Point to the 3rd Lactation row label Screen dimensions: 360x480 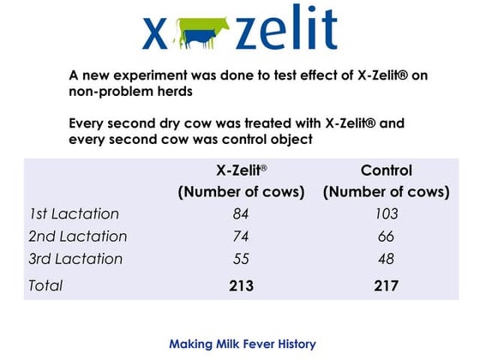coord(75,259)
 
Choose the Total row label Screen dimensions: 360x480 coord(45,286)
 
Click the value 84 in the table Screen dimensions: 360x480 coord(241,214)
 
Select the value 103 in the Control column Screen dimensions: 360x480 coord(386,214)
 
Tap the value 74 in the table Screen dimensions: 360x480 coord(241,237)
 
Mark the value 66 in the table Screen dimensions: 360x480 coord(386,237)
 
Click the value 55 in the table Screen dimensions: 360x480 coord(241,259)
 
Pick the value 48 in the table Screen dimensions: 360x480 coord(386,259)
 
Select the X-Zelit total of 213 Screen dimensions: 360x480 coord(241,286)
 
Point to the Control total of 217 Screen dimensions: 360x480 coord(386,286)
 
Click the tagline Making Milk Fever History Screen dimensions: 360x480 coord(243,344)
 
